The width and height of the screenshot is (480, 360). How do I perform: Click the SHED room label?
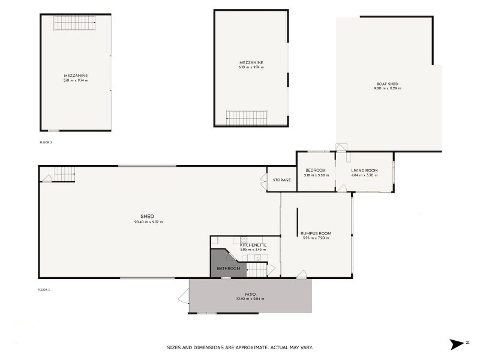point(148,217)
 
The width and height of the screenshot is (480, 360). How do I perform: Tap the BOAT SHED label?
point(387,84)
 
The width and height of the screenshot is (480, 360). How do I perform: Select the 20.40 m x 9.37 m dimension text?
point(148,222)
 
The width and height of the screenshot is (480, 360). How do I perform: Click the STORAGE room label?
point(281,180)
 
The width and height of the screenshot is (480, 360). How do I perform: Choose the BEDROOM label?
point(315,170)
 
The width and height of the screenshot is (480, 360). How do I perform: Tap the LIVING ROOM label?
point(364,170)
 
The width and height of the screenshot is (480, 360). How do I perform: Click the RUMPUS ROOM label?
point(316,233)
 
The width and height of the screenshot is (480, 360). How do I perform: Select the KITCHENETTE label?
point(253,245)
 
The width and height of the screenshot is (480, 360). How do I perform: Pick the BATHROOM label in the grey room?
point(228,268)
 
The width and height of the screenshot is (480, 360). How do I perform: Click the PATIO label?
point(250,294)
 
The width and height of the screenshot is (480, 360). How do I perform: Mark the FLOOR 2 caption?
point(45,142)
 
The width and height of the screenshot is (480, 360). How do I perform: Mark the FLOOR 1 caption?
point(44,290)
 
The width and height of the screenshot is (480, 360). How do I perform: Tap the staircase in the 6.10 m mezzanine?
point(247,116)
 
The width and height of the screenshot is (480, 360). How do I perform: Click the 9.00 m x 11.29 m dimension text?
point(387,89)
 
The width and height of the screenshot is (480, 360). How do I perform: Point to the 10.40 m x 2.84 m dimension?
point(250,299)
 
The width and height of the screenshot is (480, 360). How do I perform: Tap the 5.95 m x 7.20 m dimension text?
point(316,238)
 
